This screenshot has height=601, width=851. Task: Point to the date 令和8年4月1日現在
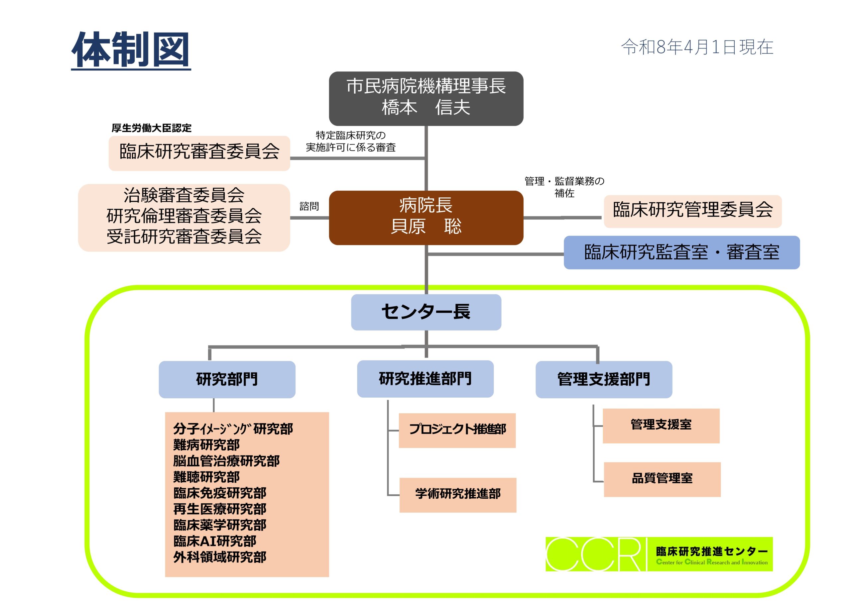click(x=697, y=48)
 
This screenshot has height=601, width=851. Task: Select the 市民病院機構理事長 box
click(x=426, y=98)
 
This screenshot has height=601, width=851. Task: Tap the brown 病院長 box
click(x=426, y=218)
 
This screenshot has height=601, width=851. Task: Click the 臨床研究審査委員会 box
click(x=199, y=153)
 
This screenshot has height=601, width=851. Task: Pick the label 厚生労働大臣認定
click(x=151, y=128)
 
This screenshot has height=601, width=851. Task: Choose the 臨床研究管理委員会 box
click(x=692, y=211)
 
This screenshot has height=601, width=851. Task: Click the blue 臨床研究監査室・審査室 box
click(x=681, y=252)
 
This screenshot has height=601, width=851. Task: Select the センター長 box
click(x=426, y=312)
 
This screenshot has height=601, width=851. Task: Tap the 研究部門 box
click(x=227, y=379)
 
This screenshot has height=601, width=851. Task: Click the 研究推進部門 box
click(x=425, y=379)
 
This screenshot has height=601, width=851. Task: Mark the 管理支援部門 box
click(x=603, y=379)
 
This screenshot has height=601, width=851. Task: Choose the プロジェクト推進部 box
click(x=457, y=430)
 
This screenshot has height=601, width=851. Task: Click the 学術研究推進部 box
click(x=458, y=495)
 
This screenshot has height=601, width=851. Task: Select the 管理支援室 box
click(x=661, y=425)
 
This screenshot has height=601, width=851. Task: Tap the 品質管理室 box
click(x=662, y=479)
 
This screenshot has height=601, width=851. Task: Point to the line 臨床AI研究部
click(x=215, y=541)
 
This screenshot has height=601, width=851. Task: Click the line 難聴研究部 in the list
click(x=206, y=477)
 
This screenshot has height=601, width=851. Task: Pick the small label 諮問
click(x=309, y=206)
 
